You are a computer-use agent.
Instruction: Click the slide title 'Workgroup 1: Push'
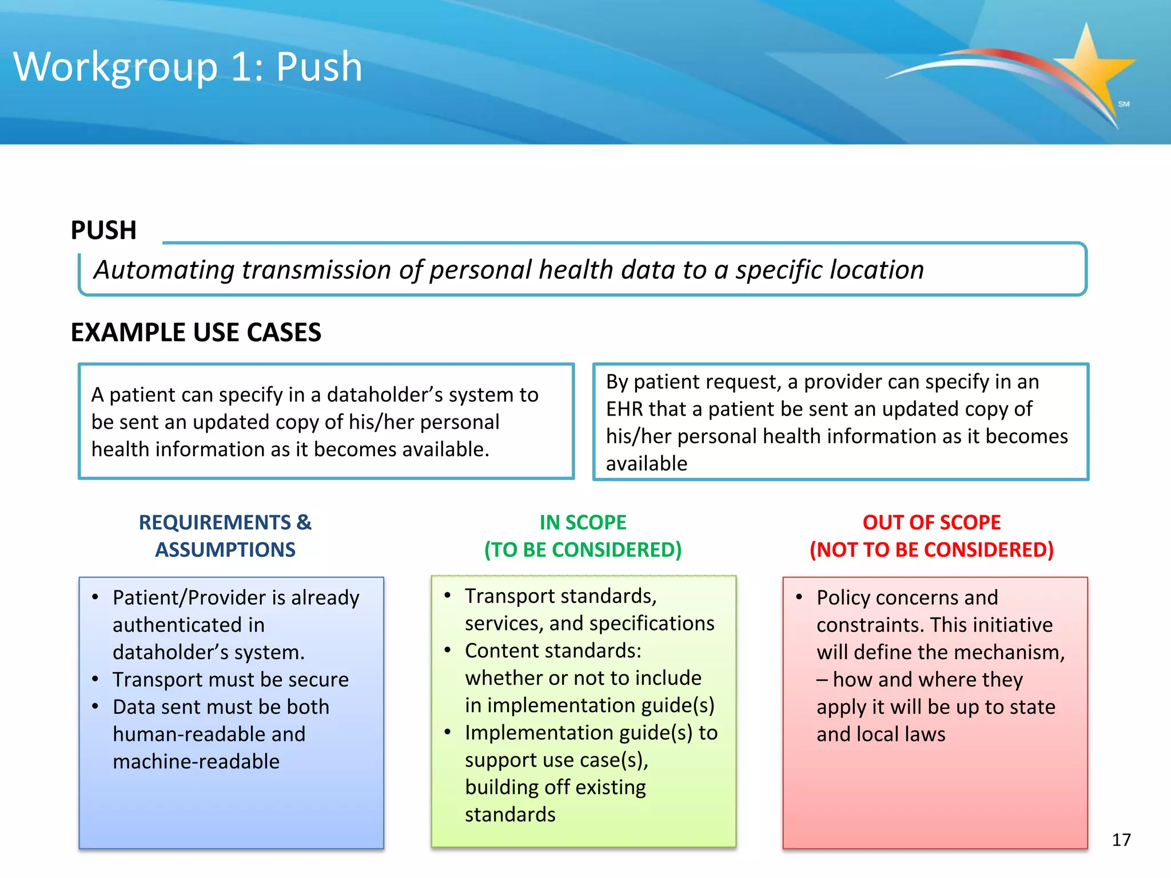click(188, 67)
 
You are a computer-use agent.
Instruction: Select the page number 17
click(1121, 840)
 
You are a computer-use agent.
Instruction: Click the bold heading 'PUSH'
click(103, 230)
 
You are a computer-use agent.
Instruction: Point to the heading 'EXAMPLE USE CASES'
click(196, 333)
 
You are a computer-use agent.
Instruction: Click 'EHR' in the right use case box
click(624, 409)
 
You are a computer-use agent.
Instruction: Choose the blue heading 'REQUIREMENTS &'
click(225, 522)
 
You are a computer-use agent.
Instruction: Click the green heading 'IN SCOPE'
click(583, 522)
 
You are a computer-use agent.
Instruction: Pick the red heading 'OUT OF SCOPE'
click(931, 522)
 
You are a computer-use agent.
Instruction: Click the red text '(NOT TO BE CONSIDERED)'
click(931, 550)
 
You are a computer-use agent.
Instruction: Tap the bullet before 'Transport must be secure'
click(95, 679)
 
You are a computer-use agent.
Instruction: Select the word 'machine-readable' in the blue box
click(196, 761)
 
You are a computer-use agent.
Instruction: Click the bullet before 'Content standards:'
click(448, 650)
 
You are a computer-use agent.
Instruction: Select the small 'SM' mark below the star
click(1124, 104)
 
